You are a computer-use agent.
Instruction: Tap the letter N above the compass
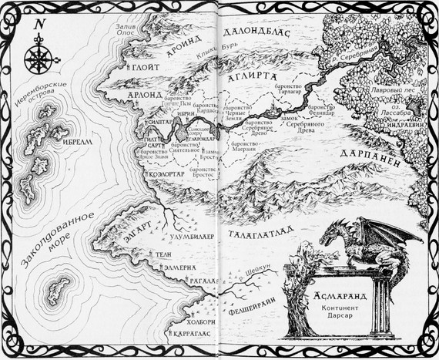click(x=38, y=24)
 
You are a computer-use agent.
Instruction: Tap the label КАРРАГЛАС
click(x=190, y=337)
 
